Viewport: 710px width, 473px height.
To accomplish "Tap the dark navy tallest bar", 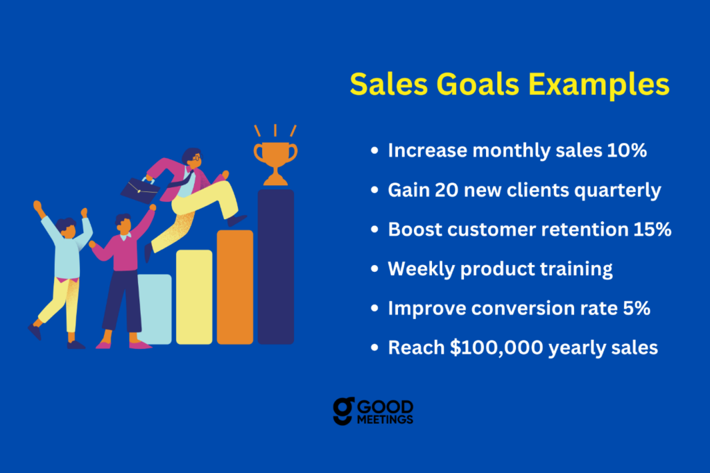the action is [276, 267].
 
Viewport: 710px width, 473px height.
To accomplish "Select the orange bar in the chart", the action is [235, 287].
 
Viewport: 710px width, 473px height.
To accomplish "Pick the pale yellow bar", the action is [194, 298].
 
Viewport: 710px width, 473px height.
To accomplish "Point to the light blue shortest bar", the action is [155, 309].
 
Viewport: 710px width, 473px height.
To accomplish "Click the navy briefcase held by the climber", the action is [139, 190].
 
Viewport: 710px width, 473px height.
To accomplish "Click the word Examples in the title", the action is [598, 85].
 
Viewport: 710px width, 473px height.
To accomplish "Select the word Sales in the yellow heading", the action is [389, 85].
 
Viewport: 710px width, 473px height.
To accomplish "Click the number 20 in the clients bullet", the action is [447, 190].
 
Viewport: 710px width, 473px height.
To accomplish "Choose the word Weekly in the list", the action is [422, 269].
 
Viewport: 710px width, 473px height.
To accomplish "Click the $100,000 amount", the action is [496, 348].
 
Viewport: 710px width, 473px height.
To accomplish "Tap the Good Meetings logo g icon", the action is [344, 411].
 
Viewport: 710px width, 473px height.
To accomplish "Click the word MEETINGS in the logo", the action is [385, 420].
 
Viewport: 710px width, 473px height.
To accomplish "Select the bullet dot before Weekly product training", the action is [374, 268].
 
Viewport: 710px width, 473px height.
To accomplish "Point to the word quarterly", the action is [618, 191].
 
